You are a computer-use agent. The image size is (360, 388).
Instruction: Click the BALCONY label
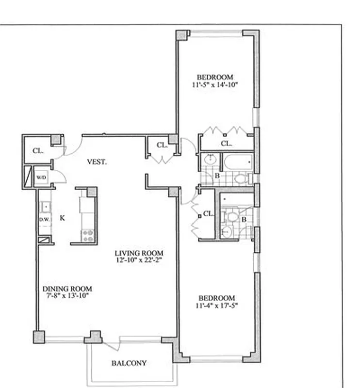(129, 363)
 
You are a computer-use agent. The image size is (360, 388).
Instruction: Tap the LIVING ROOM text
(139, 253)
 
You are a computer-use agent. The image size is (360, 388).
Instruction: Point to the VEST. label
(97, 162)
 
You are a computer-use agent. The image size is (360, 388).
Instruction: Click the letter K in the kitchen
(63, 218)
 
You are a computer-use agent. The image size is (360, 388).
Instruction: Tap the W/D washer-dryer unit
(41, 177)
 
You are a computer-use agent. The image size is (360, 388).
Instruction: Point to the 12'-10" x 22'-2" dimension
(139, 261)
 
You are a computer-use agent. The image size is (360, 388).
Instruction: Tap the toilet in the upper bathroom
(240, 178)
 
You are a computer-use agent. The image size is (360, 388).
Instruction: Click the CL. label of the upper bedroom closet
(226, 143)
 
